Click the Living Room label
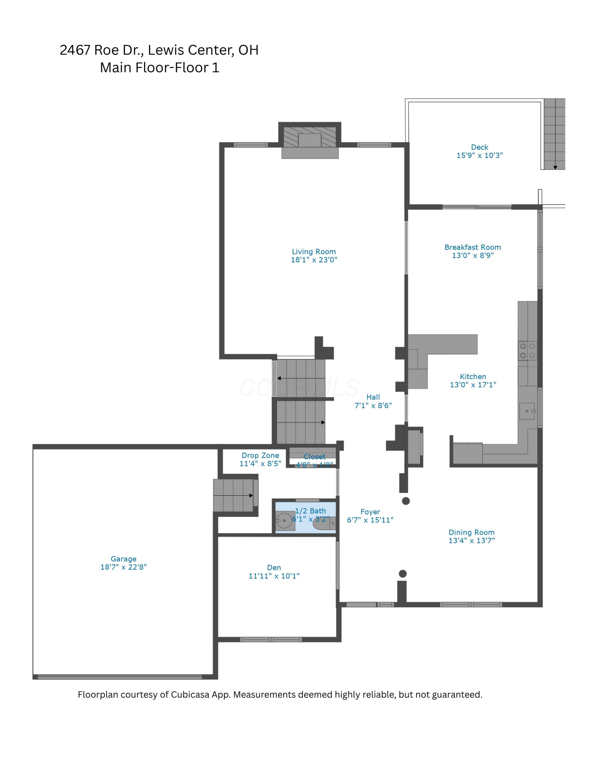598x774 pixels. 314,252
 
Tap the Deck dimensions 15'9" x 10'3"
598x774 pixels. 479,156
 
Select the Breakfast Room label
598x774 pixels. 472,247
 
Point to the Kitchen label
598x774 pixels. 473,377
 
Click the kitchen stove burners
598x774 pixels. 527,351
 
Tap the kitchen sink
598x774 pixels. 527,411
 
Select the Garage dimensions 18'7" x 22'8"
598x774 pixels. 123,567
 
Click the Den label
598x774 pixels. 274,567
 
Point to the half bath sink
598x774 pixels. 284,521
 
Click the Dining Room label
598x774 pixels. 471,533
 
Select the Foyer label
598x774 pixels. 370,512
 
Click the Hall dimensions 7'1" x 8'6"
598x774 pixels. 373,406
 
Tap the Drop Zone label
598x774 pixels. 260,455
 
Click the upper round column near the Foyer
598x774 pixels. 406,501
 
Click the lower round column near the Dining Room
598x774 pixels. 403,574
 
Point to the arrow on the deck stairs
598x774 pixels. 555,167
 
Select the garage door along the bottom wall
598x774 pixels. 120,677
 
